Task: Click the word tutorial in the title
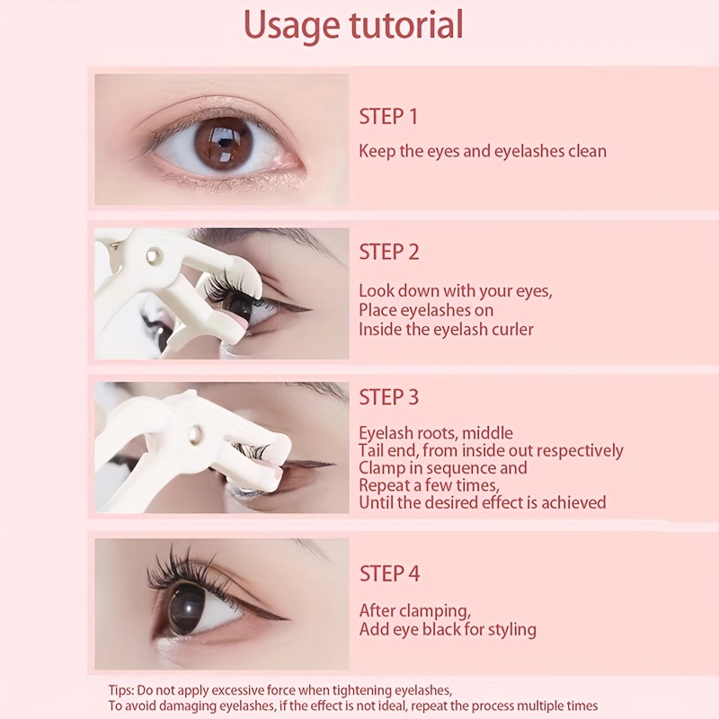(407, 24)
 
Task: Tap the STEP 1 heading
(388, 117)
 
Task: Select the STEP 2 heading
(389, 253)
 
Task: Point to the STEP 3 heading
(389, 397)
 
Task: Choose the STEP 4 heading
(389, 573)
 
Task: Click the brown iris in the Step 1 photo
(223, 144)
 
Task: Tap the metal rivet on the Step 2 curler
(153, 255)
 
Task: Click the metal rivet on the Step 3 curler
(196, 432)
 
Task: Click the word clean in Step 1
(587, 151)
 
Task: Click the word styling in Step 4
(512, 630)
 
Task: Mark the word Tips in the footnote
(120, 690)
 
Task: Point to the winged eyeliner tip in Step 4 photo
(288, 619)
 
